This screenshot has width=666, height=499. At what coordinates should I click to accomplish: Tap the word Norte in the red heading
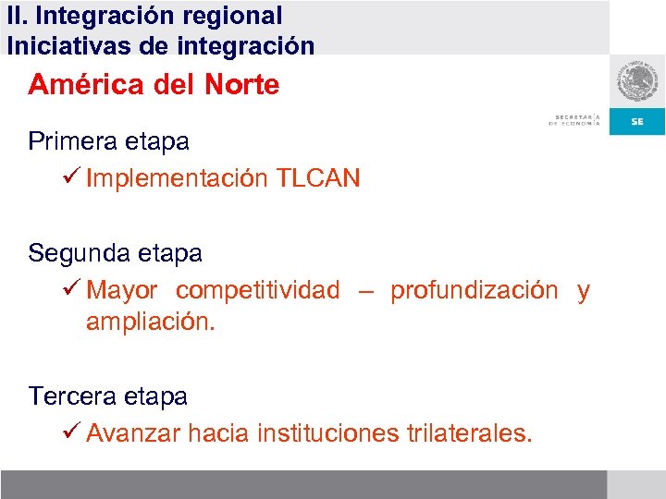pyautogui.click(x=238, y=85)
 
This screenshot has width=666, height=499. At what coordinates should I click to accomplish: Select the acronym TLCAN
pyautogui.click(x=318, y=178)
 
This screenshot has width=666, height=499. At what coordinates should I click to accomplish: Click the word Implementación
pyautogui.click(x=177, y=178)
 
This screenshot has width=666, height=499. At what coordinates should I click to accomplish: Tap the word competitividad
pyautogui.click(x=258, y=290)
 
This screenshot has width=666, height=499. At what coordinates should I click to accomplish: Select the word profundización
pyautogui.click(x=474, y=290)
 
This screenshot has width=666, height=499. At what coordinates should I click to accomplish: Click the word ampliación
pyautogui.click(x=150, y=323)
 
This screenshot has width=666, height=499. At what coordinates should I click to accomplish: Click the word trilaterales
pyautogui.click(x=470, y=432)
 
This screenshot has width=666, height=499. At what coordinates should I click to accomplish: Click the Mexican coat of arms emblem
pyautogui.click(x=637, y=84)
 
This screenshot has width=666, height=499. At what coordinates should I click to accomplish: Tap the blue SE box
pyautogui.click(x=637, y=122)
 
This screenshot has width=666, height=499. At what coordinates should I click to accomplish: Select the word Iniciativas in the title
pyautogui.click(x=63, y=45)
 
